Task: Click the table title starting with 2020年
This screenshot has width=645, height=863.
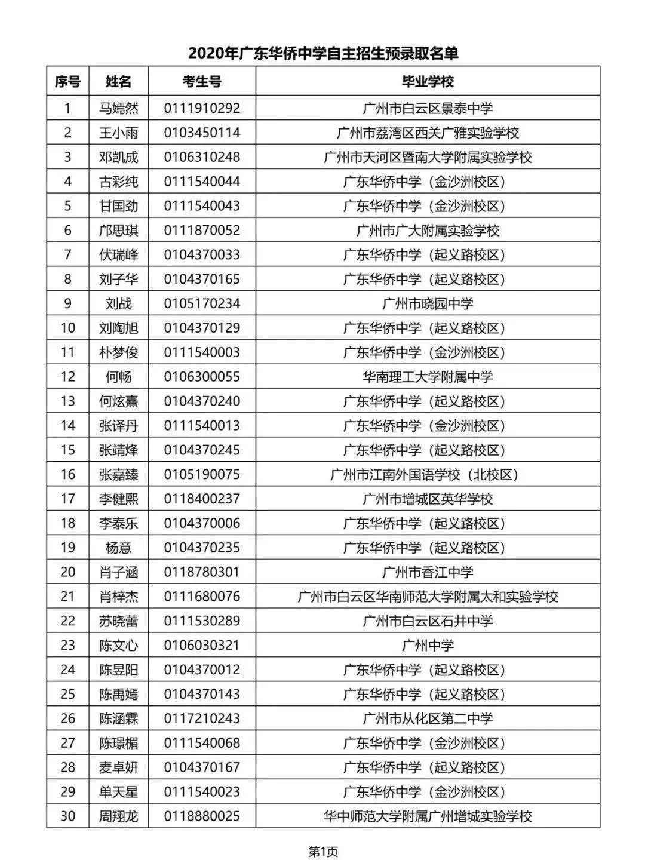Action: click(323, 54)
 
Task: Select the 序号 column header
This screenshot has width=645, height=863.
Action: click(67, 81)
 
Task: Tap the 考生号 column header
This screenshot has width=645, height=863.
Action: click(202, 81)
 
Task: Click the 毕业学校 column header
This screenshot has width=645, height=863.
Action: click(428, 81)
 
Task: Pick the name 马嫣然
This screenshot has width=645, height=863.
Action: click(118, 108)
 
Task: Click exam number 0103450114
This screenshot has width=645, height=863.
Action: click(202, 133)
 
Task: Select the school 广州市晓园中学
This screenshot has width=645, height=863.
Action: click(428, 303)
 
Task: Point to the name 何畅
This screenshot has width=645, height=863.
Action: click(118, 377)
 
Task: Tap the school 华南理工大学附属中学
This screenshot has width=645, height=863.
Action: click(428, 377)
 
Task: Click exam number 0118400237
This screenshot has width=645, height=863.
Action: click(202, 499)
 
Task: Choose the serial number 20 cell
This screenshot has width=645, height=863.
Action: click(67, 572)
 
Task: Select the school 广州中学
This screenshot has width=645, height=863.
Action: click(428, 646)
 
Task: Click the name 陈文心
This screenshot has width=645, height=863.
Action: click(118, 646)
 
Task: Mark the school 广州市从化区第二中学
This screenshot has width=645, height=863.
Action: click(428, 718)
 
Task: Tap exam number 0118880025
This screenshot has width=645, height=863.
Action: click(202, 816)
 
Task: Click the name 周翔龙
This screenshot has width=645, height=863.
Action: click(118, 816)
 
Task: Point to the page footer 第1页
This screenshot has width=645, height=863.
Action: click(322, 851)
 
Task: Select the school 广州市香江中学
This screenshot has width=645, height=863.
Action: click(428, 572)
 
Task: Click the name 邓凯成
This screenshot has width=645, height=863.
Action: click(118, 157)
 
